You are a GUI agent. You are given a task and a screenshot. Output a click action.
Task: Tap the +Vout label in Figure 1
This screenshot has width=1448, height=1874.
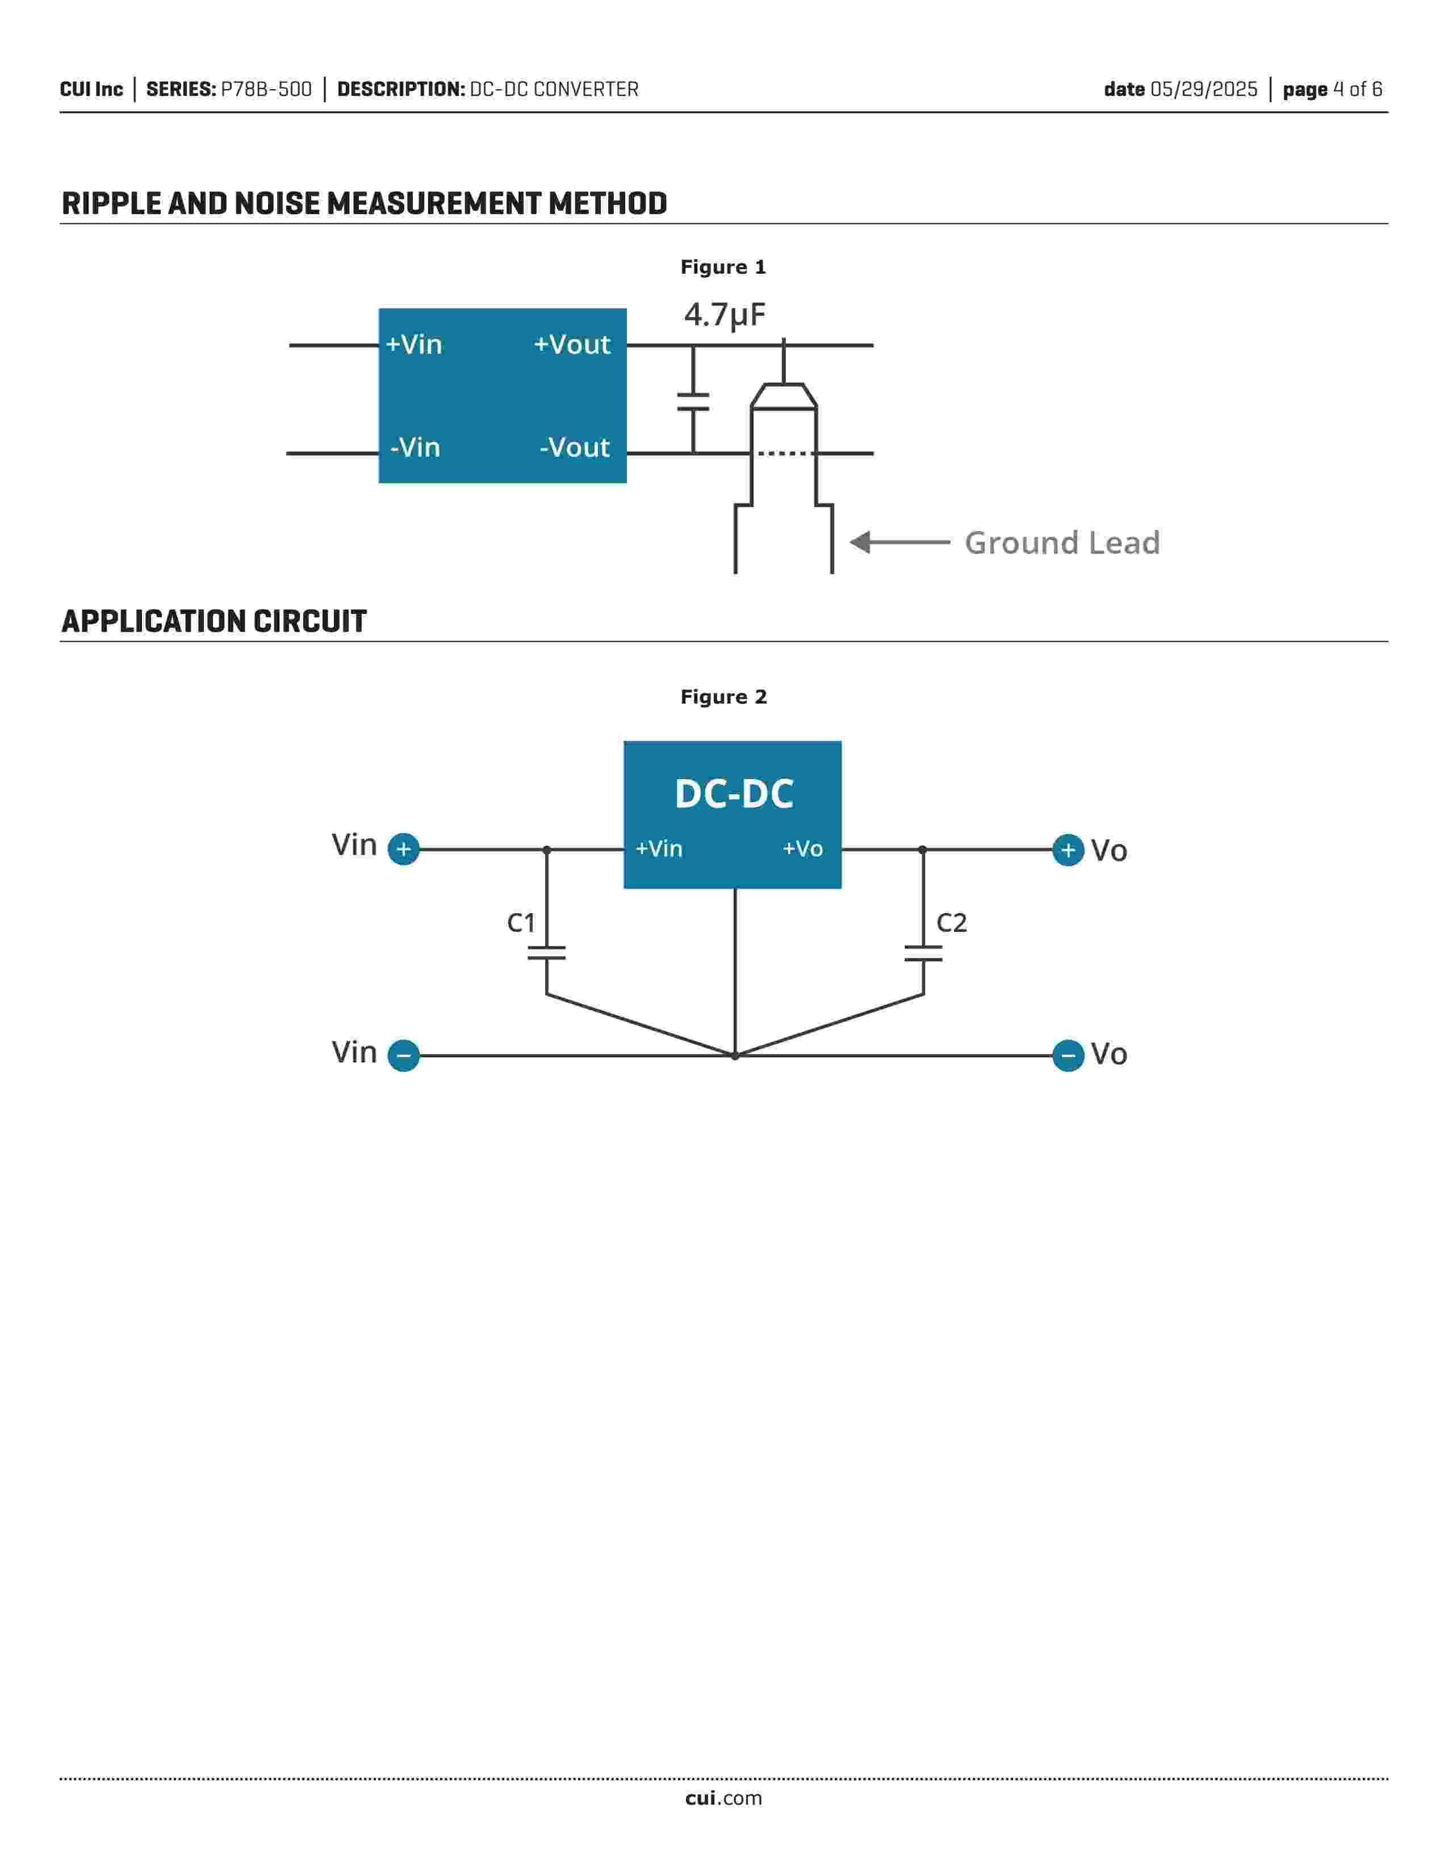coord(572,344)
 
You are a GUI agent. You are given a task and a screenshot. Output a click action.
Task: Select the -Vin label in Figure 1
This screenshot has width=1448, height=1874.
coord(415,447)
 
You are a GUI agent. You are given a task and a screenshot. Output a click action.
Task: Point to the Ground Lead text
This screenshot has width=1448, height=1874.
coord(1062,542)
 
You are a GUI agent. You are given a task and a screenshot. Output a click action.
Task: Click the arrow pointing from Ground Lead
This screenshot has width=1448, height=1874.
coord(900,542)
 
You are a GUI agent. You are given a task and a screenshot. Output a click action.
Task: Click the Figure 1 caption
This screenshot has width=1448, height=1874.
coord(723,267)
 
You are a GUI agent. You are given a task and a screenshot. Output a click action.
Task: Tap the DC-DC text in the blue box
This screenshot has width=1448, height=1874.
coord(734,794)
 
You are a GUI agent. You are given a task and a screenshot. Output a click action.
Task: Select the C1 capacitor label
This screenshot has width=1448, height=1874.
coord(521,922)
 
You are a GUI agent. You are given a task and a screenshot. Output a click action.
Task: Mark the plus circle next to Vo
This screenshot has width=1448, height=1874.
coord(1068,850)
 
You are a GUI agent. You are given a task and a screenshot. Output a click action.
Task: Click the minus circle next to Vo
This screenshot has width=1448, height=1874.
coord(1068,1056)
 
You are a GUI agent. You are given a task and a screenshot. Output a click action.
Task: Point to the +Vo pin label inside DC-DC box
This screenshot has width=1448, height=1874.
coord(803,848)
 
